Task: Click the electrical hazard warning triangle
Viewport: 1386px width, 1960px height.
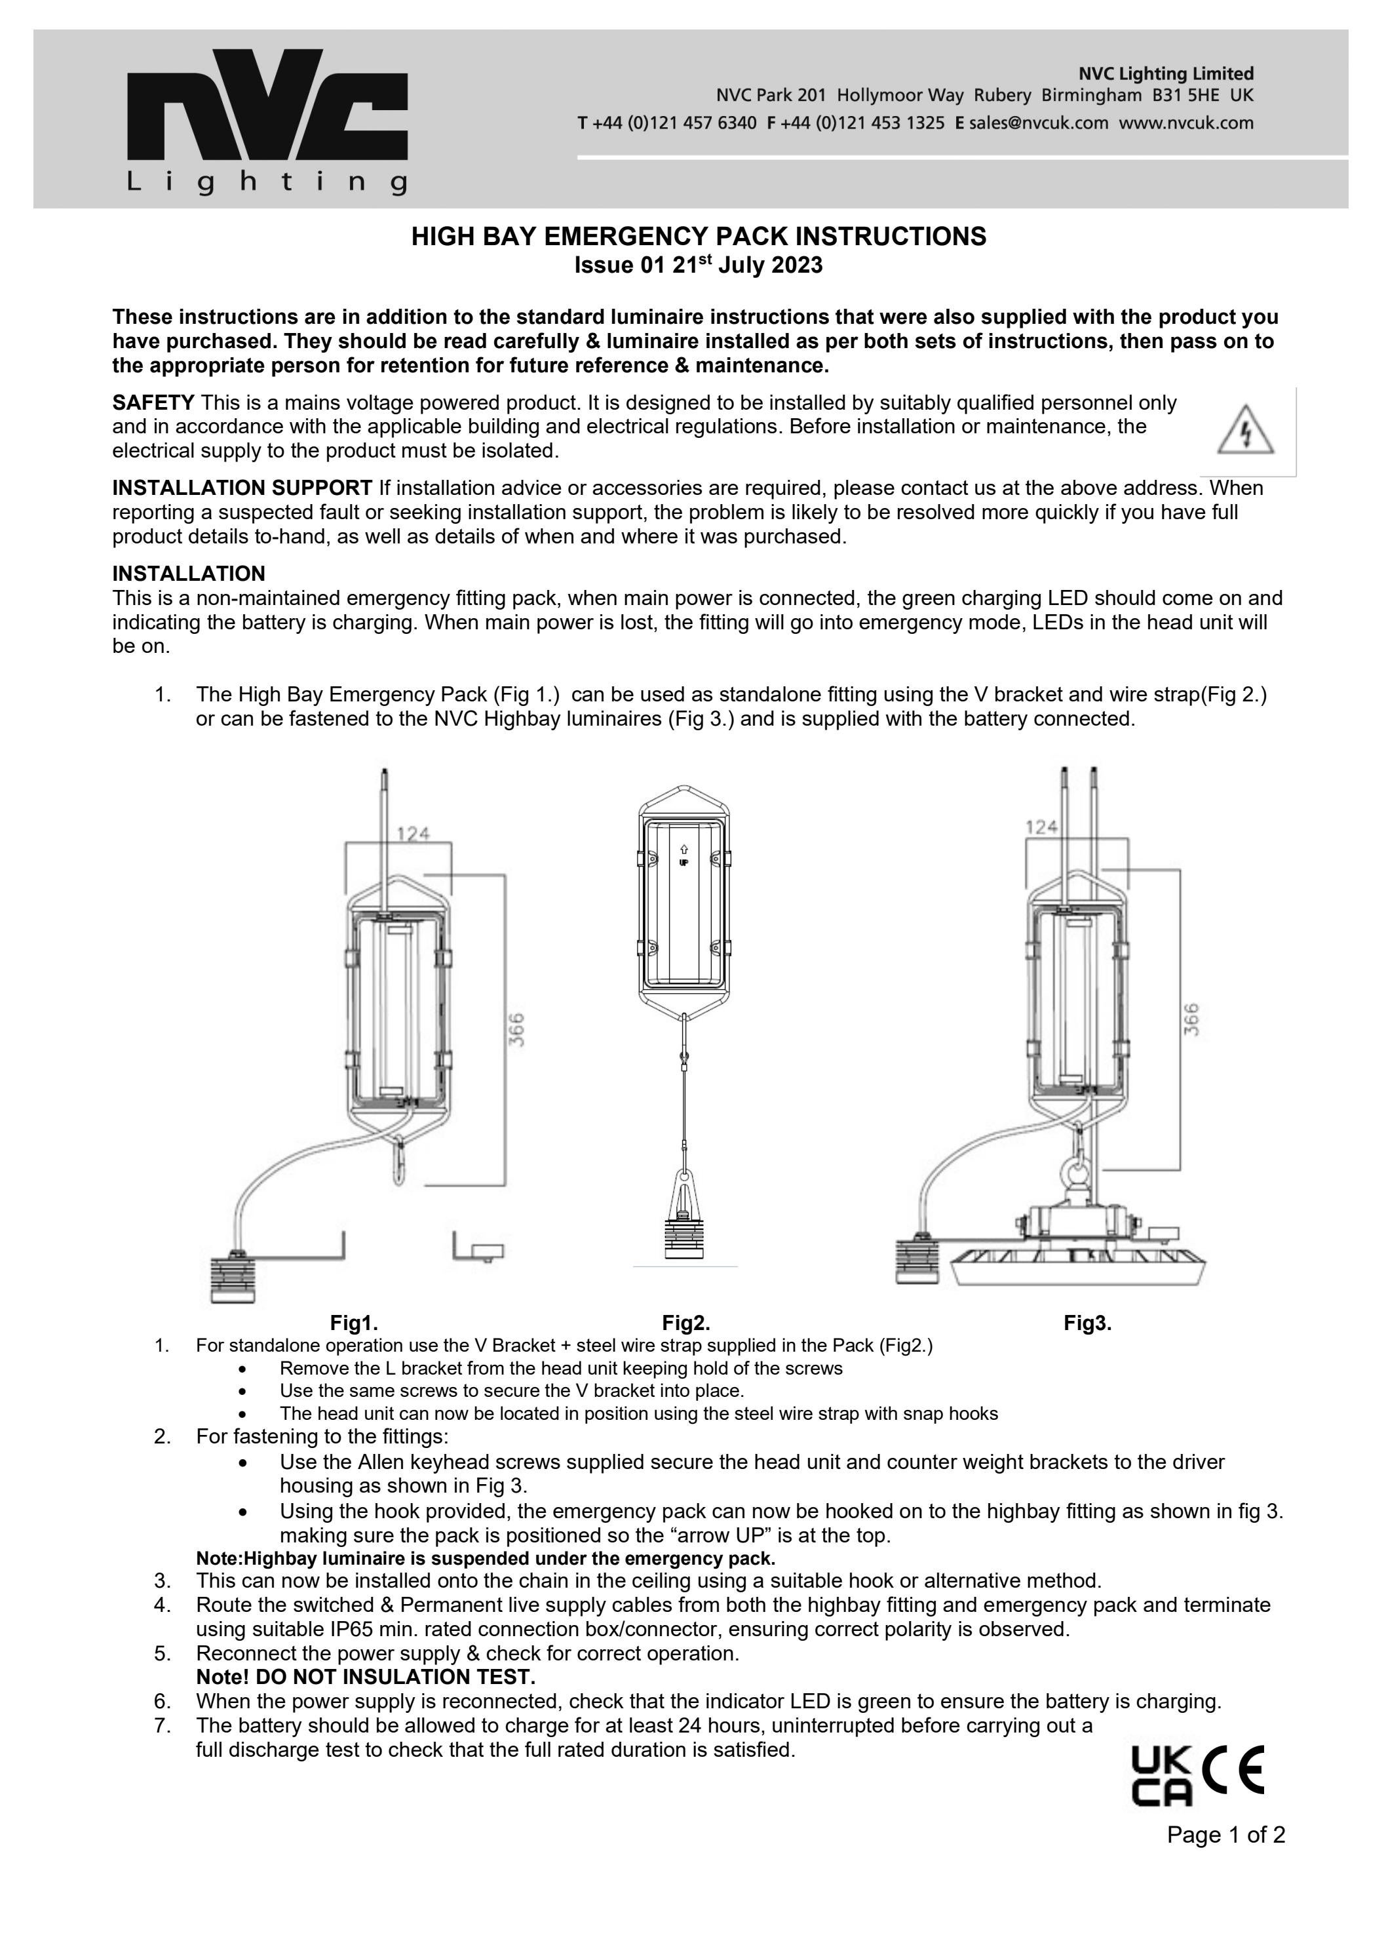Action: (1245, 431)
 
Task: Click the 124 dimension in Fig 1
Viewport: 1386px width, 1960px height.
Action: (413, 833)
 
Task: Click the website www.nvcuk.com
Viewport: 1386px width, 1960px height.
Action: (1186, 123)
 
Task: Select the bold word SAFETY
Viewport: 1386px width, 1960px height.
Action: (153, 402)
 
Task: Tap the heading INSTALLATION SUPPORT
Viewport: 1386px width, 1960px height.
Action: (242, 488)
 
